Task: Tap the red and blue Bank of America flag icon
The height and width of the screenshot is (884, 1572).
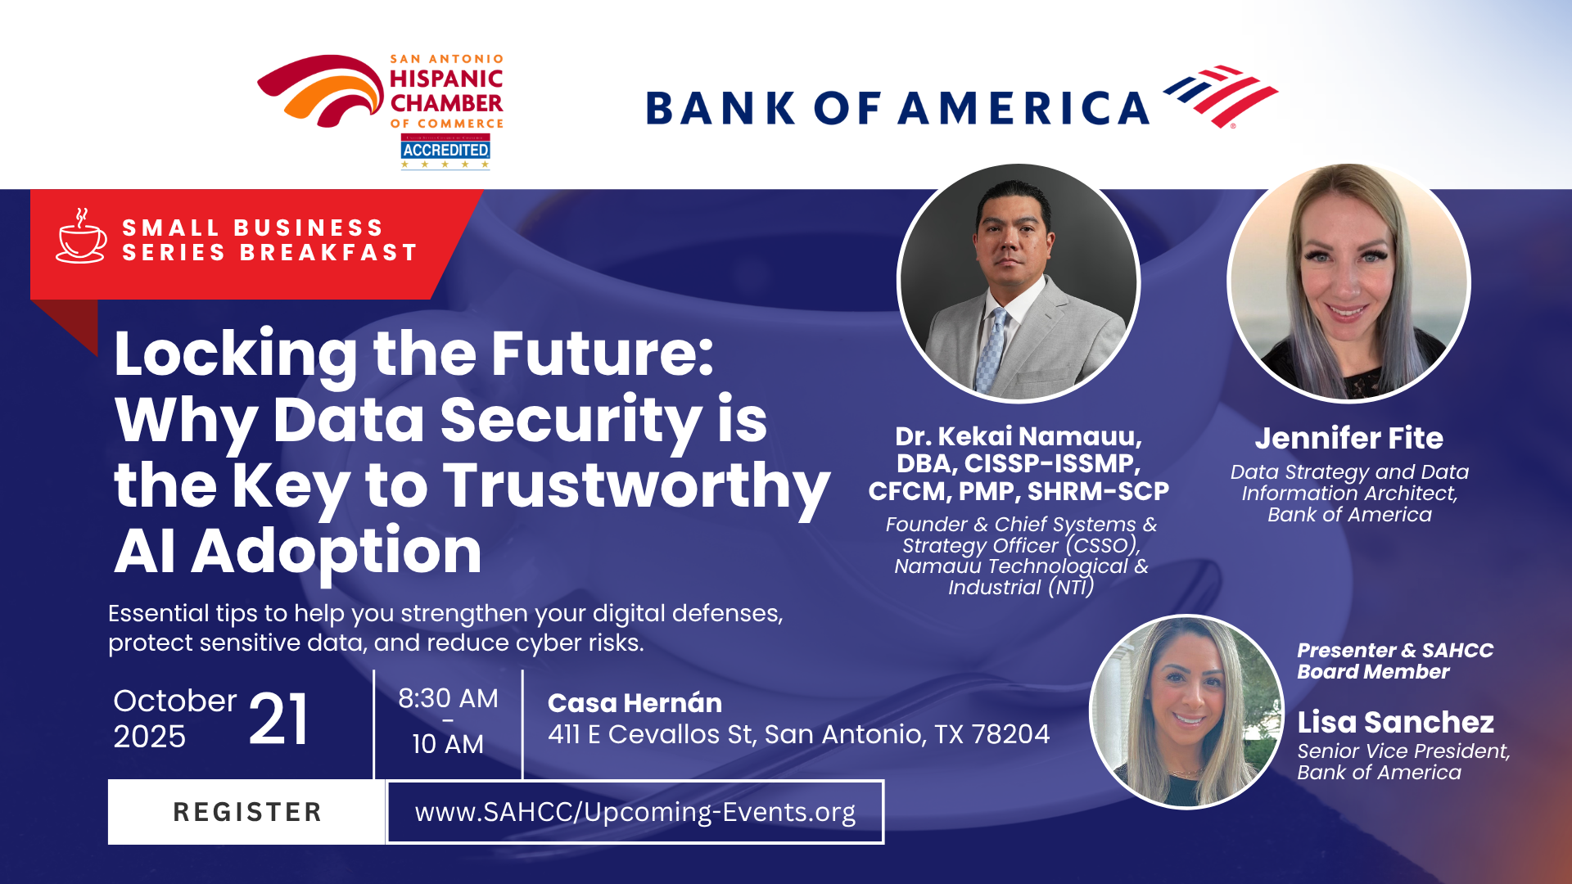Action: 1220,97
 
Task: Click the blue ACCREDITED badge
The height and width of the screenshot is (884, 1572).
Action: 445,150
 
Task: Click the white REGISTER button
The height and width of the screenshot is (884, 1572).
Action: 246,812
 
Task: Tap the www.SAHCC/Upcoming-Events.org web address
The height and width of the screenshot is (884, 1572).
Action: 635,812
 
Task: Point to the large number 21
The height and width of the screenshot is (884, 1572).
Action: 278,719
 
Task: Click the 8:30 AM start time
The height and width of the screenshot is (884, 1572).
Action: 448,698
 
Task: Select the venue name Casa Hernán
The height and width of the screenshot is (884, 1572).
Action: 635,702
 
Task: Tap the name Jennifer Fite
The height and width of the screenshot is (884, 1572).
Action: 1349,438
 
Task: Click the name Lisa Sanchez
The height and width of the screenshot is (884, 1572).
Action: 1396,722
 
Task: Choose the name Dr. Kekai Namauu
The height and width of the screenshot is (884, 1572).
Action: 1019,436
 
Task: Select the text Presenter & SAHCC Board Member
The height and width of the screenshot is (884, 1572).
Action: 1395,661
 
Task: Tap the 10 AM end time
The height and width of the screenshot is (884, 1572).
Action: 448,744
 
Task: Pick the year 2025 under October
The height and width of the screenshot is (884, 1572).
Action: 150,737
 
